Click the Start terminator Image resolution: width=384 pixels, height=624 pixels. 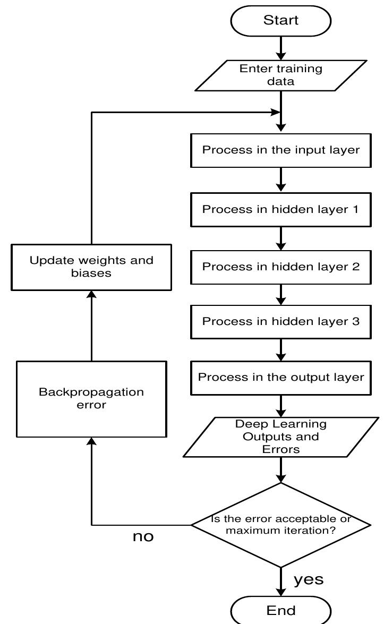point(281,21)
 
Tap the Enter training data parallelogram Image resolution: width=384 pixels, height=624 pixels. point(281,75)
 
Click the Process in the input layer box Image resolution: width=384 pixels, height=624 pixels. point(281,150)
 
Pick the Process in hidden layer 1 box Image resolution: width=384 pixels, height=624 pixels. point(281,209)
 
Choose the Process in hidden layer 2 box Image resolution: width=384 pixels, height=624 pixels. point(281,266)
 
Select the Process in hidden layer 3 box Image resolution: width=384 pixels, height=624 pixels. point(281,321)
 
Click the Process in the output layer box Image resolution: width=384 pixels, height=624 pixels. point(281,378)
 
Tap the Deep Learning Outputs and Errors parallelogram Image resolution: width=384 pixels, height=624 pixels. point(281,437)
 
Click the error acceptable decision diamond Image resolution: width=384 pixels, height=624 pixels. point(281,525)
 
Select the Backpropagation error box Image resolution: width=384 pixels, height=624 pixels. point(91,398)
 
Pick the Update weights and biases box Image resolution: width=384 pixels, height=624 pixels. point(91,267)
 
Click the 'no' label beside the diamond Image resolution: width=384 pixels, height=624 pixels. point(143,537)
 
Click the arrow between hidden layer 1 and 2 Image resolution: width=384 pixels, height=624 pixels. point(281,237)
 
